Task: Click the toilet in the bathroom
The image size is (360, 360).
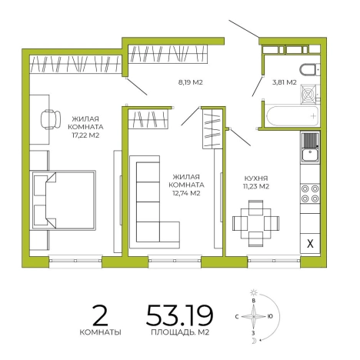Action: [x=310, y=70]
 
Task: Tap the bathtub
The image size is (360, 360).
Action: [x=292, y=115]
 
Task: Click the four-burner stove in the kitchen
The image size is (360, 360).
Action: [x=310, y=194]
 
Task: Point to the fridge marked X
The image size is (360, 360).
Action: [x=310, y=243]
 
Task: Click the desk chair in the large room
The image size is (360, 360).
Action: [x=51, y=120]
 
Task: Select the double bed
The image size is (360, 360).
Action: [x=64, y=200]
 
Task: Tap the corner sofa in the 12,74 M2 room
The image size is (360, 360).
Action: [x=155, y=202]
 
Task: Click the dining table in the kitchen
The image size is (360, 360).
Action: [x=255, y=223]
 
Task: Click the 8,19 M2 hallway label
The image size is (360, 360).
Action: [x=190, y=82]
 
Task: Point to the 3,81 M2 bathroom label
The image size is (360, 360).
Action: [x=284, y=82]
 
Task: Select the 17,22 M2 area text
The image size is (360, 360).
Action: [x=85, y=135]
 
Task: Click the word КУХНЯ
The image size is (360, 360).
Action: [x=256, y=178]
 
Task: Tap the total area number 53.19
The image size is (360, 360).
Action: [x=179, y=315]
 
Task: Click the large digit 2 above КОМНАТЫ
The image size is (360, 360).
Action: [x=100, y=315]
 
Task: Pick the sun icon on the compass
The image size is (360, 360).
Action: [x=254, y=292]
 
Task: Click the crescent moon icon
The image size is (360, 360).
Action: [x=254, y=341]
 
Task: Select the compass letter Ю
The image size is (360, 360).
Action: [x=270, y=316]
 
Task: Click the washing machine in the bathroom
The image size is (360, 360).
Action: [x=309, y=95]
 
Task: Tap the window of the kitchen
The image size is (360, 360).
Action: [x=274, y=261]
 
